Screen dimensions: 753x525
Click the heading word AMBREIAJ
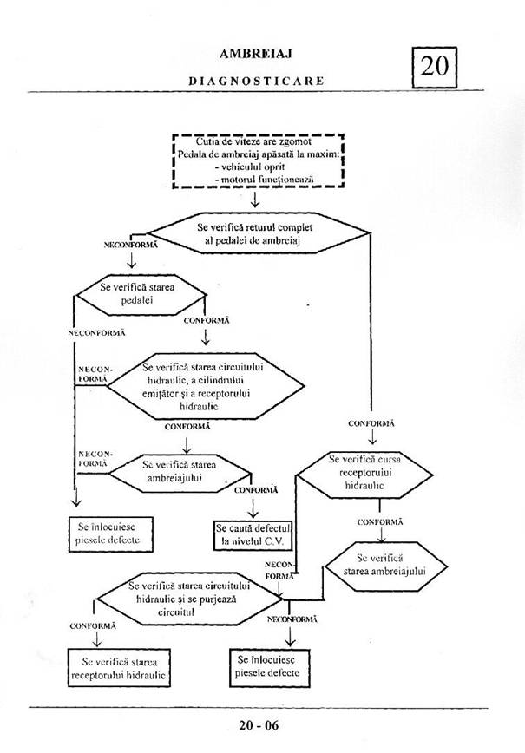pyautogui.click(x=255, y=54)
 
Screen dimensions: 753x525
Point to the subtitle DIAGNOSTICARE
pyautogui.click(x=256, y=80)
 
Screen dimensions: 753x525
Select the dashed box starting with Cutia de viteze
pyautogui.click(x=257, y=160)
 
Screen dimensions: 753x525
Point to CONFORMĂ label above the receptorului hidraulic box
pyautogui.click(x=92, y=625)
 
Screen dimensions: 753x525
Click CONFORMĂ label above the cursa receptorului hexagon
pyautogui.click(x=371, y=422)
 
